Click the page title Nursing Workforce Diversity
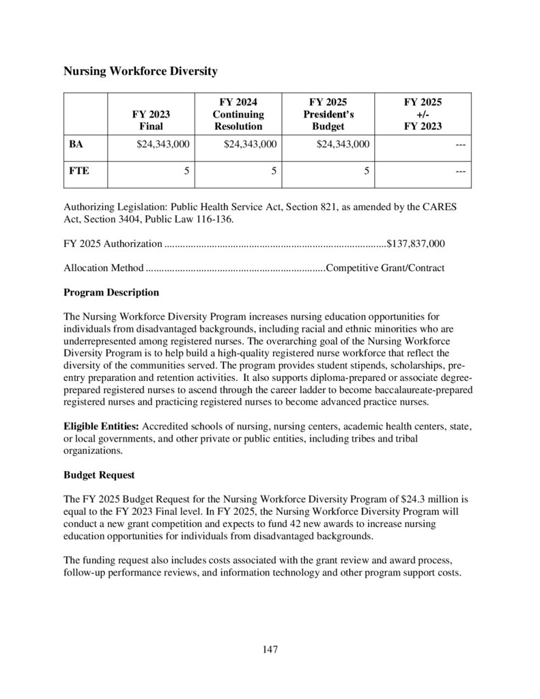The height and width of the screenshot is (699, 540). pos(140,70)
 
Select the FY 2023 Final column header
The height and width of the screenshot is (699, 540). pos(151,120)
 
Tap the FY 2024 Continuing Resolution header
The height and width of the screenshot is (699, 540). pos(238,114)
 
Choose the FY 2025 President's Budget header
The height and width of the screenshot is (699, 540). pos(328,114)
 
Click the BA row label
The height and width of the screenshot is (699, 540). pos(76,144)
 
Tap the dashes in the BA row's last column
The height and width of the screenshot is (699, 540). pos(460,145)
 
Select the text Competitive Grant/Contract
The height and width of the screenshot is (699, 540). pos(386,268)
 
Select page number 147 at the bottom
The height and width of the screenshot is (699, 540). pos(270,649)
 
